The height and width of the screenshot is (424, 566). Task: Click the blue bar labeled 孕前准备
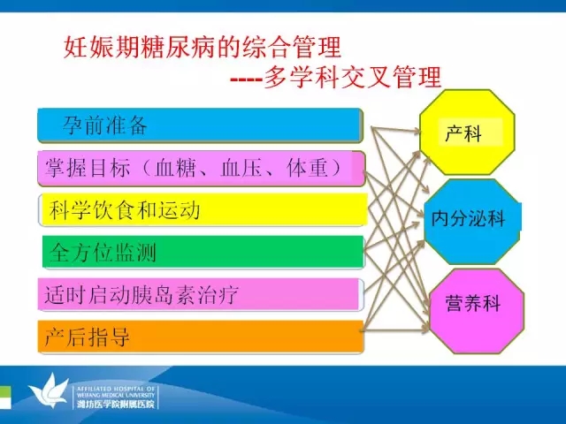[200, 125]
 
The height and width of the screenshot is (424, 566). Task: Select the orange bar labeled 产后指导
[201, 336]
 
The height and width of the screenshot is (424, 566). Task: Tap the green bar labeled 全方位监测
[203, 252]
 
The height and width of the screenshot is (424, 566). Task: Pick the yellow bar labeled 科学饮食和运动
[203, 209]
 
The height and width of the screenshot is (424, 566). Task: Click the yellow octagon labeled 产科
[467, 132]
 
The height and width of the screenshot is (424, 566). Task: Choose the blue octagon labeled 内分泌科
[472, 222]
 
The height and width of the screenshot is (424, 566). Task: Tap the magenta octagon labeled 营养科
[477, 311]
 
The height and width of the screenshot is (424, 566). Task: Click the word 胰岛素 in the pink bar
[164, 294]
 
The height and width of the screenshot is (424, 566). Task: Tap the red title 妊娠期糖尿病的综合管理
[203, 47]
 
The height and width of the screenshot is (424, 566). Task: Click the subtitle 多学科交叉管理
[353, 77]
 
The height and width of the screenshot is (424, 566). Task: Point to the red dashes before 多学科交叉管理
[247, 79]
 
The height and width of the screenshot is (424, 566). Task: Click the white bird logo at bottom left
[49, 391]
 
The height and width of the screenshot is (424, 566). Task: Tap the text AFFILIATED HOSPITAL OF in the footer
[116, 389]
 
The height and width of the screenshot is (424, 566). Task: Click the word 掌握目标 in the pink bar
[88, 168]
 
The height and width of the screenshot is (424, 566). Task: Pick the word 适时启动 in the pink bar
[88, 294]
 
